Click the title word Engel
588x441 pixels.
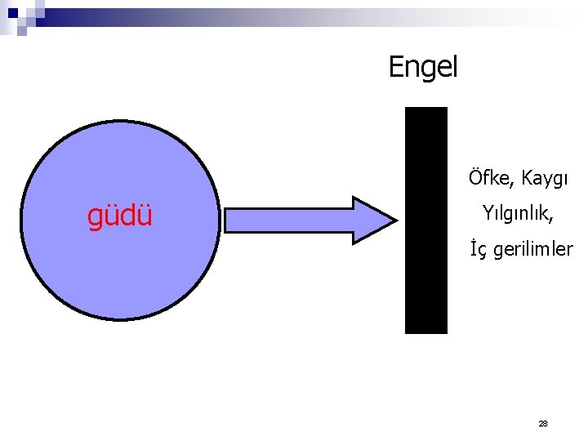pyautogui.click(x=423, y=66)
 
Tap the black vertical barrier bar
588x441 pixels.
pyautogui.click(x=426, y=220)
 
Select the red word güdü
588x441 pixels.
pyautogui.click(x=120, y=217)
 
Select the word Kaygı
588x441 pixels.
pyautogui.click(x=543, y=178)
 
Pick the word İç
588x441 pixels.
pyautogui.click(x=478, y=250)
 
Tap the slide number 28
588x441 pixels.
pyautogui.click(x=543, y=424)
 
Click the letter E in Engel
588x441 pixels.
pyautogui.click(x=395, y=65)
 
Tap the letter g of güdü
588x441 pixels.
pyautogui.click(x=95, y=219)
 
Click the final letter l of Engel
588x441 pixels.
pyautogui.click(x=455, y=65)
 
